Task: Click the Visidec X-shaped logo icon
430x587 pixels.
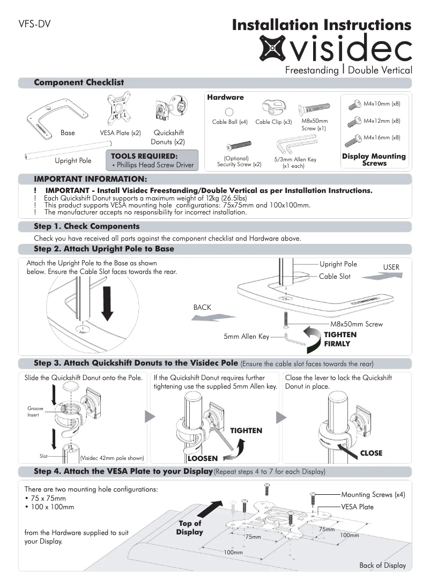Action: tap(273, 47)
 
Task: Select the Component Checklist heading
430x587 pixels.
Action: tap(79, 83)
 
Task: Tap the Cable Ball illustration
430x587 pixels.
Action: tap(229, 112)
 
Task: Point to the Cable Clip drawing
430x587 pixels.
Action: tap(272, 108)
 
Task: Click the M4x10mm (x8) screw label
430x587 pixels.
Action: tap(382, 103)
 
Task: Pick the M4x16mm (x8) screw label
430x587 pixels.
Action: tap(382, 138)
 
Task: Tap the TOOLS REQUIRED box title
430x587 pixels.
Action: tap(144, 156)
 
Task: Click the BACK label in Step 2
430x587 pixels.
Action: tap(202, 308)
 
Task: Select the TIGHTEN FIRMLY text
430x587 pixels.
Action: tap(340, 339)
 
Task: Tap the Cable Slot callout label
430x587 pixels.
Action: tap(335, 276)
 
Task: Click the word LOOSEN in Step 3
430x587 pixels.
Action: tap(202, 458)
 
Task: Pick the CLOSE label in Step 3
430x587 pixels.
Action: tap(371, 453)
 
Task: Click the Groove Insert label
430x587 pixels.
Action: tap(35, 412)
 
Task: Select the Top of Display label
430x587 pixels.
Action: tap(190, 527)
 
